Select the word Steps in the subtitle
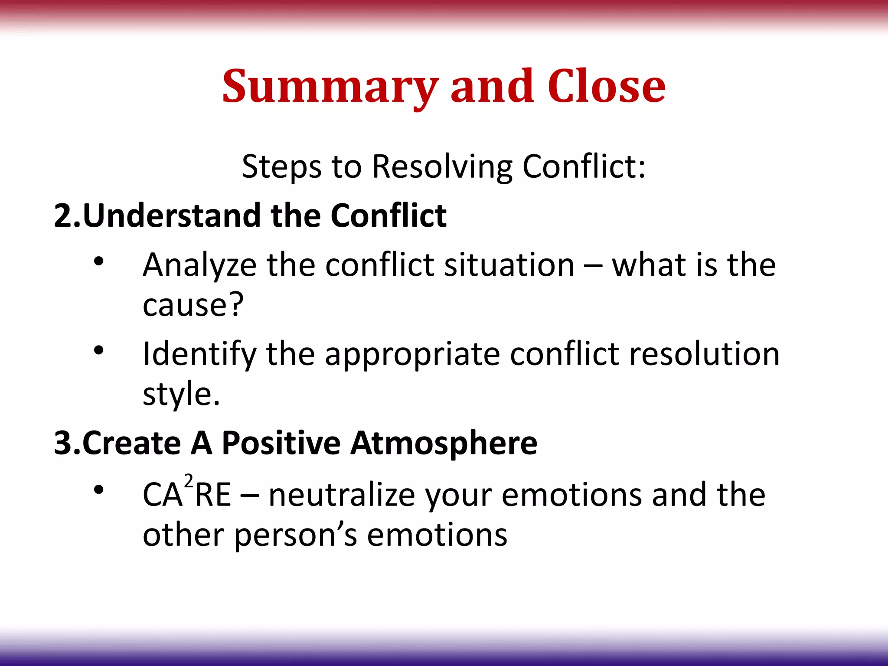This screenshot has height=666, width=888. coord(281,166)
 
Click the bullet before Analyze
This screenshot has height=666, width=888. coord(99,261)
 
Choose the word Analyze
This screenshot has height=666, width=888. coord(200,265)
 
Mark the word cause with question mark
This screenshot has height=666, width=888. coord(193,305)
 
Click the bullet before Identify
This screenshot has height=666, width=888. coord(99,350)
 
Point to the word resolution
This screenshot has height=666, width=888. coord(704,354)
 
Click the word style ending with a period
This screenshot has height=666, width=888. coord(181,395)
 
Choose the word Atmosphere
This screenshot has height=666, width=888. coord(444,443)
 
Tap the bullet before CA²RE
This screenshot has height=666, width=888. coord(99,490)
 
